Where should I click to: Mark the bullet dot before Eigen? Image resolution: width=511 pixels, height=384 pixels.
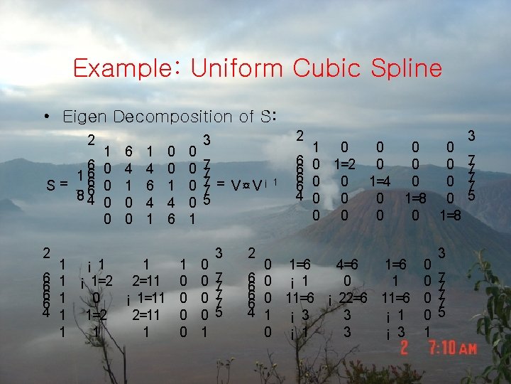tap(53, 117)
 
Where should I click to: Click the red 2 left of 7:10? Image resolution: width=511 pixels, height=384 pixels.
tap(405, 348)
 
